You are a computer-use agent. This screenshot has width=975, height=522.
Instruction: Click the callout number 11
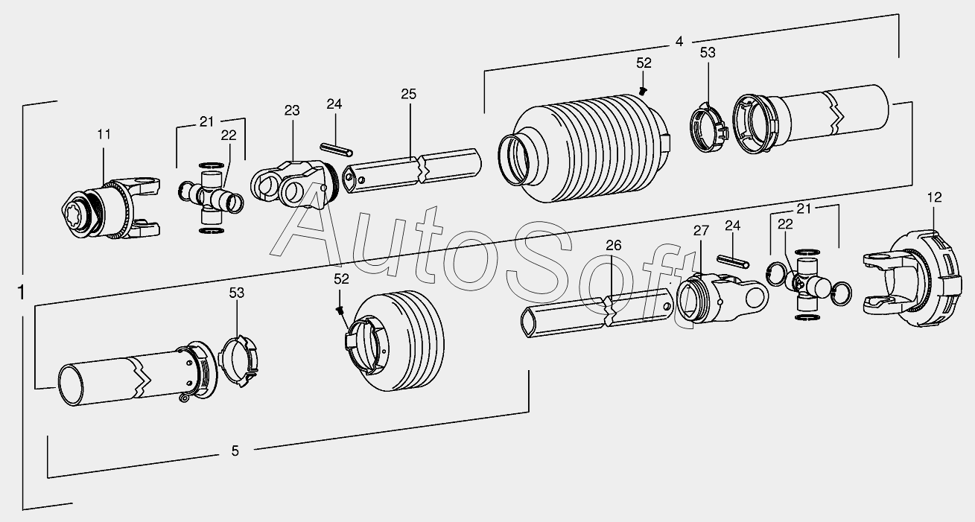tap(104, 135)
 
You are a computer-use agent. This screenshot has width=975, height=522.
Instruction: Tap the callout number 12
tap(934, 197)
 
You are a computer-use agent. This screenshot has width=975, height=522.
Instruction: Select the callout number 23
tap(292, 110)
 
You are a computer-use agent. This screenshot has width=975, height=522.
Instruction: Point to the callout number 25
tap(409, 94)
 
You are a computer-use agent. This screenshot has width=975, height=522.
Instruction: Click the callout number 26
tap(614, 245)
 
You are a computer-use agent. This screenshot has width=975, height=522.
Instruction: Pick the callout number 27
tap(701, 231)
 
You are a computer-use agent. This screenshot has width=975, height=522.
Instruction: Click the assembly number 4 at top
tap(679, 42)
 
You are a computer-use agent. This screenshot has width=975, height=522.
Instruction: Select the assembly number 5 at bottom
tap(235, 451)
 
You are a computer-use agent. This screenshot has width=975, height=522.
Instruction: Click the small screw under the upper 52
tap(643, 91)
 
